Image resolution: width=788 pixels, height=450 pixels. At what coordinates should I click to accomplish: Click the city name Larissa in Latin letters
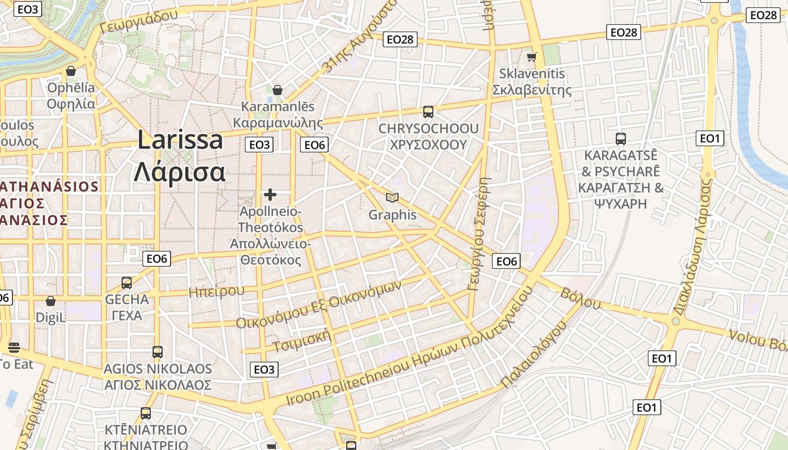click(x=180, y=140)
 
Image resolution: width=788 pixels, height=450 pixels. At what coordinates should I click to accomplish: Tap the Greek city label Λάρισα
click(x=180, y=172)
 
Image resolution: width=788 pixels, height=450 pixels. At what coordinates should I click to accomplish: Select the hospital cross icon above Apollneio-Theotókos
click(x=270, y=195)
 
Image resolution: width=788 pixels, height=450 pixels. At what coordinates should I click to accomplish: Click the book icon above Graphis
click(x=392, y=197)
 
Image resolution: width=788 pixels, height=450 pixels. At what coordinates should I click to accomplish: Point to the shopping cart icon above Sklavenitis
click(x=531, y=57)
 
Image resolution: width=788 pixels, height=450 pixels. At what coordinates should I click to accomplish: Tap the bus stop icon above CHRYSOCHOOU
click(x=428, y=112)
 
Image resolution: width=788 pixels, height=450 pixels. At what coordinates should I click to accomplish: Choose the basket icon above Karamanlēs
click(x=277, y=90)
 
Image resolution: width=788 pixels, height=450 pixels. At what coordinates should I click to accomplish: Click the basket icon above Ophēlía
click(x=71, y=71)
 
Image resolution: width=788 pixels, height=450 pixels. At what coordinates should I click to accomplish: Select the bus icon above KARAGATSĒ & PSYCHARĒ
click(x=621, y=138)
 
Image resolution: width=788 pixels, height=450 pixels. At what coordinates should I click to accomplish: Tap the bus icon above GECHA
click(x=127, y=282)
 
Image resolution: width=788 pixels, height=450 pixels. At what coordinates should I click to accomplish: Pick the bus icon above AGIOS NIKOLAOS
click(x=158, y=352)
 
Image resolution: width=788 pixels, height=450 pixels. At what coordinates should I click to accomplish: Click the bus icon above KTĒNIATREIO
click(x=146, y=413)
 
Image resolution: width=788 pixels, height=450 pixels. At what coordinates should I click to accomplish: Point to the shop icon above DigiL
click(x=51, y=301)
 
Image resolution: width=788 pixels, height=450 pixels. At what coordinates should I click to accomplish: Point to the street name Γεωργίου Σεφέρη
click(x=479, y=234)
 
